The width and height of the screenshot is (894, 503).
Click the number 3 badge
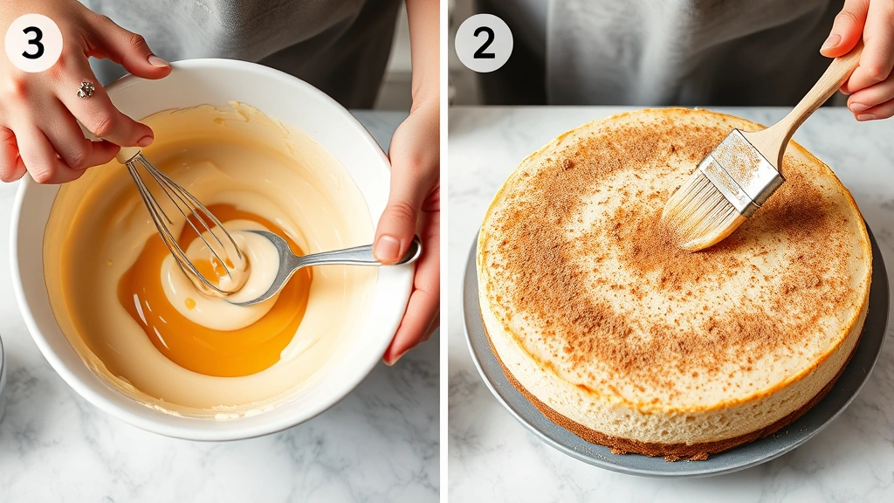click(x=33, y=43)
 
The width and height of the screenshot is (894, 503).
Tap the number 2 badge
click(x=484, y=43)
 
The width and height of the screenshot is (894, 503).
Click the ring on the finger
click(x=86, y=89)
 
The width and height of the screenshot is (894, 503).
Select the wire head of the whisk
click(x=188, y=227)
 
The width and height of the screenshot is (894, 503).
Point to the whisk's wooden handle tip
click(x=128, y=155)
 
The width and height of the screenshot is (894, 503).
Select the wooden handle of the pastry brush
click(x=812, y=100)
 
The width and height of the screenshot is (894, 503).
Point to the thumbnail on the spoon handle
click(x=388, y=248)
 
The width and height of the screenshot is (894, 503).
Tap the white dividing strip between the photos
click(x=444, y=262)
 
